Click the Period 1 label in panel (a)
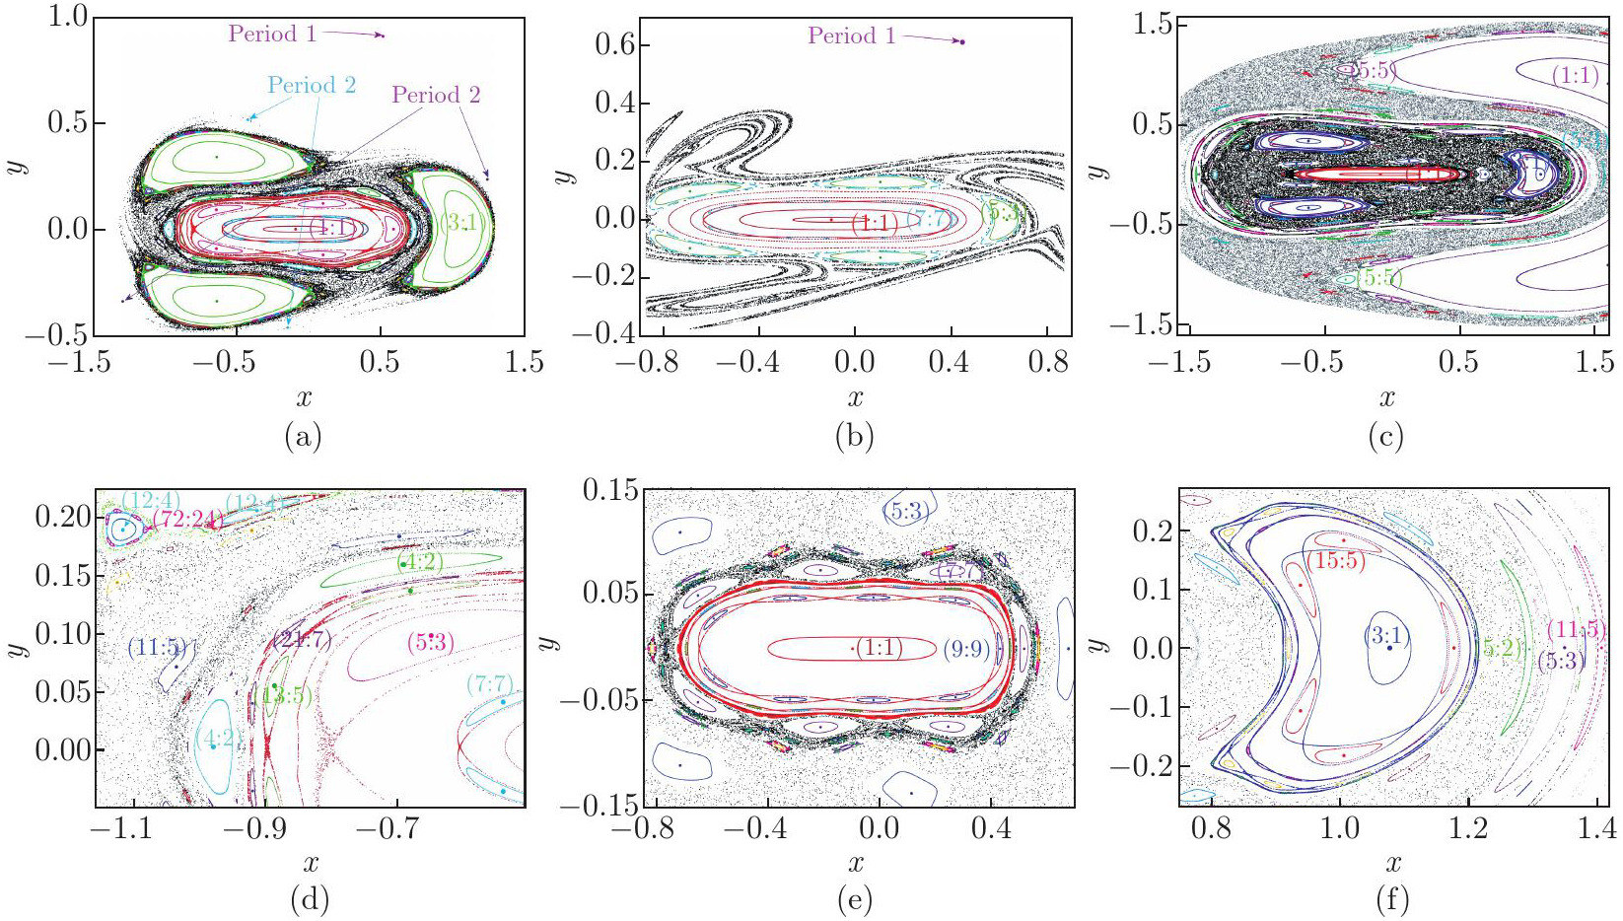[x=272, y=35]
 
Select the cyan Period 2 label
[x=312, y=86]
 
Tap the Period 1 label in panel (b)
[x=852, y=36]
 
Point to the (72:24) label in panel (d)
[x=187, y=519]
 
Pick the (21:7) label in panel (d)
[x=303, y=641]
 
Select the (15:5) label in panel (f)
[x=1336, y=560]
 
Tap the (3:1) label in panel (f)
[x=1386, y=636]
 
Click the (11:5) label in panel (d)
[x=157, y=648]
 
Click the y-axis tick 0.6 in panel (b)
[x=616, y=45]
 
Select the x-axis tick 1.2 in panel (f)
[x=1468, y=827]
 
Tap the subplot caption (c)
[x=1385, y=436]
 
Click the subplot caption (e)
[x=854, y=899]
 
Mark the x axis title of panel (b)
[x=855, y=398]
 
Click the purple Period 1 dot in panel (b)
[x=962, y=41]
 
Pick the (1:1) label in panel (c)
[x=1575, y=75]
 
